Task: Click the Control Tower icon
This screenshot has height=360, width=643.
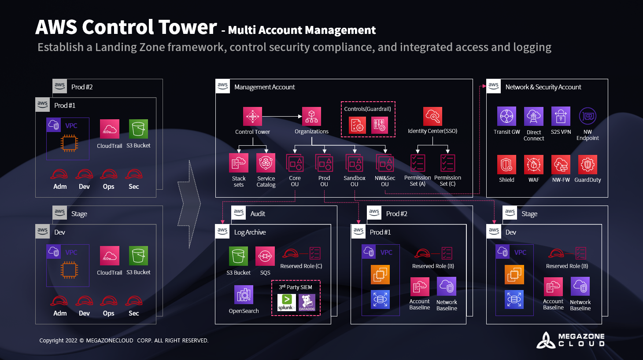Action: pos(252,117)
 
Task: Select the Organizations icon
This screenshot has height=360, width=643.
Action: pos(311,117)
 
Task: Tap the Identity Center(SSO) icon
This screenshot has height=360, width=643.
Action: pos(432,117)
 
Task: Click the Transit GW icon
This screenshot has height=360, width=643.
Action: pos(506,116)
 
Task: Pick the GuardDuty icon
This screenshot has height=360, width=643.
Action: pos(588,164)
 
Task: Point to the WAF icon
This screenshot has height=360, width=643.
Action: pos(533,164)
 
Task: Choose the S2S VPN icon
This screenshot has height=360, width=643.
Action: pos(561,116)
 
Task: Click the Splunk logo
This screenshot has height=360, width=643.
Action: pos(286,302)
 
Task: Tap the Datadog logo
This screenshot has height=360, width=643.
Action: pos(307,302)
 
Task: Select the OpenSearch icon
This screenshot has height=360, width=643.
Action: pos(244,295)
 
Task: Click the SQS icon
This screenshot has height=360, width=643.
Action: pos(265,256)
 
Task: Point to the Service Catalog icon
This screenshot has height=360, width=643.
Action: pos(266,163)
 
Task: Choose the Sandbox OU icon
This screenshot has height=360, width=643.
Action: pos(355,163)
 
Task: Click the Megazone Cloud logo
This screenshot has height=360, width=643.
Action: pos(570,340)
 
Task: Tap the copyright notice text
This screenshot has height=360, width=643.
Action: pos(124,341)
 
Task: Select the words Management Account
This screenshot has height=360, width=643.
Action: pos(264,87)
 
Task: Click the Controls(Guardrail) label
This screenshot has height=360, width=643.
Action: pos(368,109)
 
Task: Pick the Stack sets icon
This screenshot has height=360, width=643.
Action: pos(239,163)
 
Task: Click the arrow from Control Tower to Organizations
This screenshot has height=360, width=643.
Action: pos(282,117)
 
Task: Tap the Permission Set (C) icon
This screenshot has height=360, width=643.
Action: pos(447,163)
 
